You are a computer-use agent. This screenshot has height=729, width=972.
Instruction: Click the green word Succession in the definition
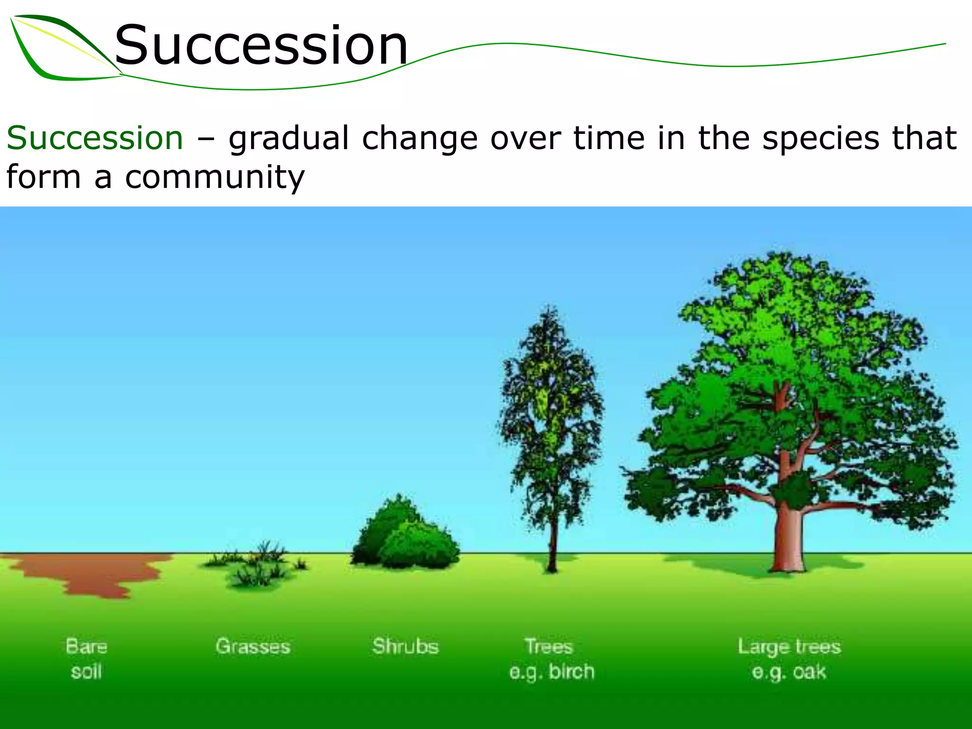[95, 138]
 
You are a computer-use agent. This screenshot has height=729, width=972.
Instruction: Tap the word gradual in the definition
[289, 139]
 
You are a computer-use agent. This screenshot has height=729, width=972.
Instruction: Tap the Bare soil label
[86, 659]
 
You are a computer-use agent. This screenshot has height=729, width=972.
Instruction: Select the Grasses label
[252, 646]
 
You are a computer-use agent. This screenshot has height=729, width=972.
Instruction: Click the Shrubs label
[405, 646]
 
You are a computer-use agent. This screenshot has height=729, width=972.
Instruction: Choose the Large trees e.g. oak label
[789, 659]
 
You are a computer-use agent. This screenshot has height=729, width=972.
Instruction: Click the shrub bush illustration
[406, 536]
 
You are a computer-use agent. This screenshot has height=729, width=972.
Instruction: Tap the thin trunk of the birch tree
[552, 546]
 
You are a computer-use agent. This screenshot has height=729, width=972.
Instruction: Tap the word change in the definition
[420, 139]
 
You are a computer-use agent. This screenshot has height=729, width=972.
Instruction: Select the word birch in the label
[571, 672]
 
